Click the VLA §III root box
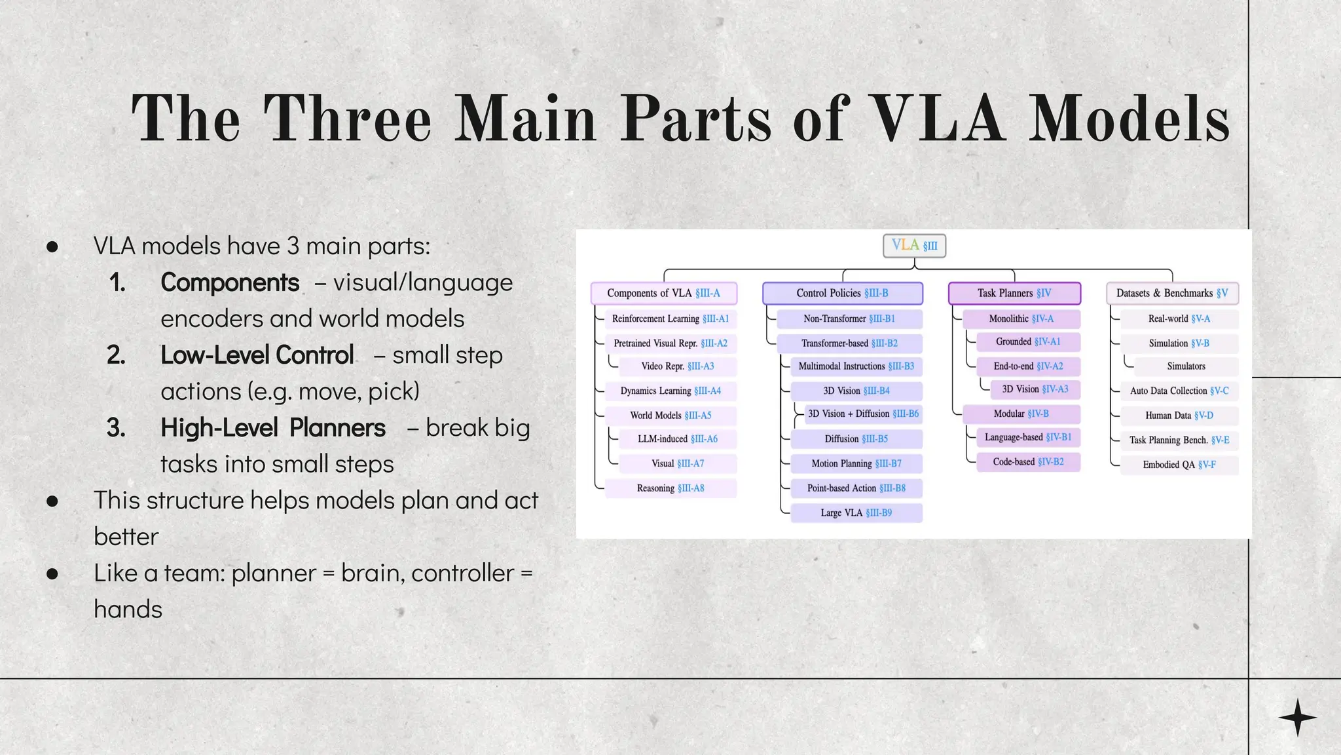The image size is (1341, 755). (914, 246)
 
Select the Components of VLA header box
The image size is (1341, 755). (663, 293)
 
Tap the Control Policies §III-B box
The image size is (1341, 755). (842, 293)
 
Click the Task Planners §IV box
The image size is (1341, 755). (1014, 293)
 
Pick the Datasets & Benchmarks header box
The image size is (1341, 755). (1172, 293)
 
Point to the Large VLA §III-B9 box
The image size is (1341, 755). (856, 513)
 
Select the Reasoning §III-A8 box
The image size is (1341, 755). (670, 488)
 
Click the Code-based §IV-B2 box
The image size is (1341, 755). (1028, 462)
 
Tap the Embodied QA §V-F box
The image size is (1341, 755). (1179, 465)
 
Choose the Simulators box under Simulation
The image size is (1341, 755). (1186, 366)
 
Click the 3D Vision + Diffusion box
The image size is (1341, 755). (863, 414)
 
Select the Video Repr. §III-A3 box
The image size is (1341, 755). (678, 366)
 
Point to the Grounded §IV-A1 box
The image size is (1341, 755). (1028, 341)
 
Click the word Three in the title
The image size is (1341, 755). (347, 119)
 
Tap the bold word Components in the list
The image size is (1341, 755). (230, 282)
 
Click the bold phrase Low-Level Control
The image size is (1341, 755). (257, 355)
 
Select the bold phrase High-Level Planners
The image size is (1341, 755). (273, 428)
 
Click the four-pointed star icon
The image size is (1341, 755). (1297, 717)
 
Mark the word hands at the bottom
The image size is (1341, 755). (128, 610)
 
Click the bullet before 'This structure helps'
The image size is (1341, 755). (53, 501)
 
